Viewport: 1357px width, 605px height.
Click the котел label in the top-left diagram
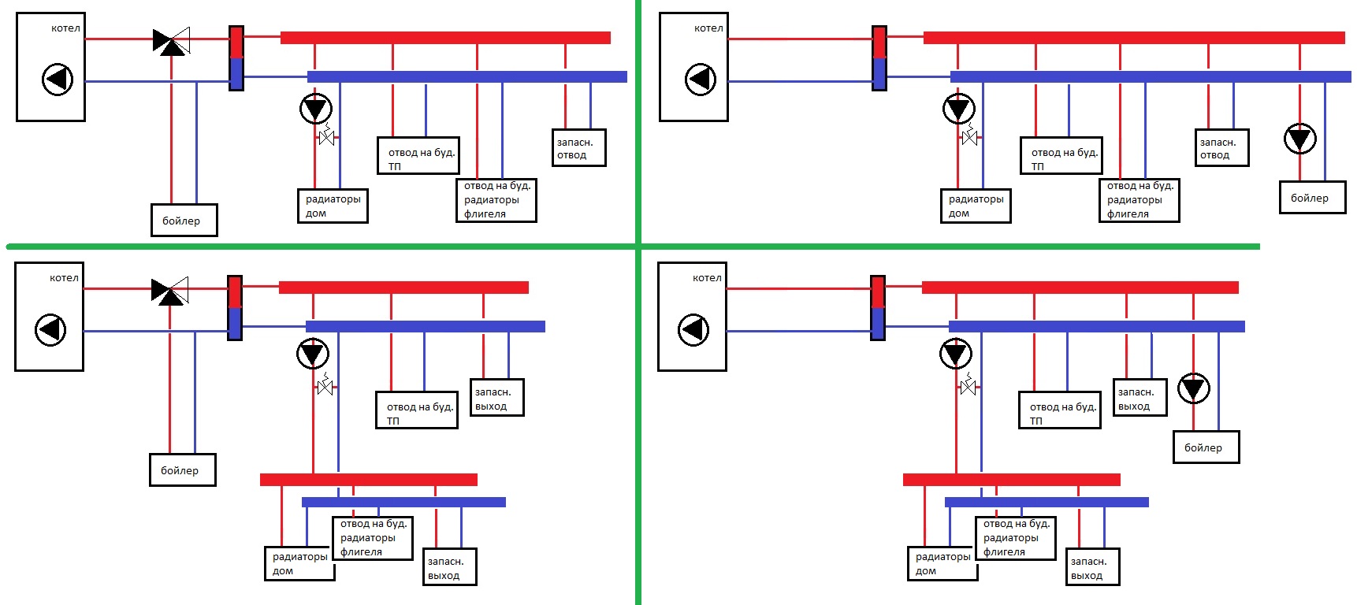(65, 28)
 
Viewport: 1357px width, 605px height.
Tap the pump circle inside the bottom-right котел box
(693, 329)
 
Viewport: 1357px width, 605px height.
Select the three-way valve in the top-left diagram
(171, 41)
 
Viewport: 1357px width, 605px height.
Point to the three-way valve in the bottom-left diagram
(169, 291)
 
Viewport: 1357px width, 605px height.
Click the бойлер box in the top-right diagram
(1312, 198)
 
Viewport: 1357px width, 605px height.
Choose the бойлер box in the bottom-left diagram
(183, 470)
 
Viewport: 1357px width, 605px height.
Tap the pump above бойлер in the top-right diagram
(1299, 139)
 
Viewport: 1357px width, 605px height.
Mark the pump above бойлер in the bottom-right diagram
(1193, 388)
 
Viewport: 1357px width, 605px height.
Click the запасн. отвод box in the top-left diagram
(578, 148)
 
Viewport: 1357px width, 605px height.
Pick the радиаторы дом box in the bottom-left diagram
(299, 562)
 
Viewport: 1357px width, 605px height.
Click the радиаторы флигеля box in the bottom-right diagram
(1015, 538)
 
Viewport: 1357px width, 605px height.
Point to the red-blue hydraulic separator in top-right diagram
(879, 58)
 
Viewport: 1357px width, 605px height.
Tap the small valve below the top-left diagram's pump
(327, 138)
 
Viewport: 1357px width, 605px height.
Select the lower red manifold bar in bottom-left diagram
(369, 480)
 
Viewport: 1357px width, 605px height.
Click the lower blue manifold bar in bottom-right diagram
(1047, 502)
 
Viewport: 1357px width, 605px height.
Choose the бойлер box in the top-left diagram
(184, 221)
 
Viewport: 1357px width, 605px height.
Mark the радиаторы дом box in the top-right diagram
(976, 206)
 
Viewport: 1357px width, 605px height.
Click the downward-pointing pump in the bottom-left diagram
(313, 354)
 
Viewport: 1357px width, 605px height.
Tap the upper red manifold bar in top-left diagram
(445, 38)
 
